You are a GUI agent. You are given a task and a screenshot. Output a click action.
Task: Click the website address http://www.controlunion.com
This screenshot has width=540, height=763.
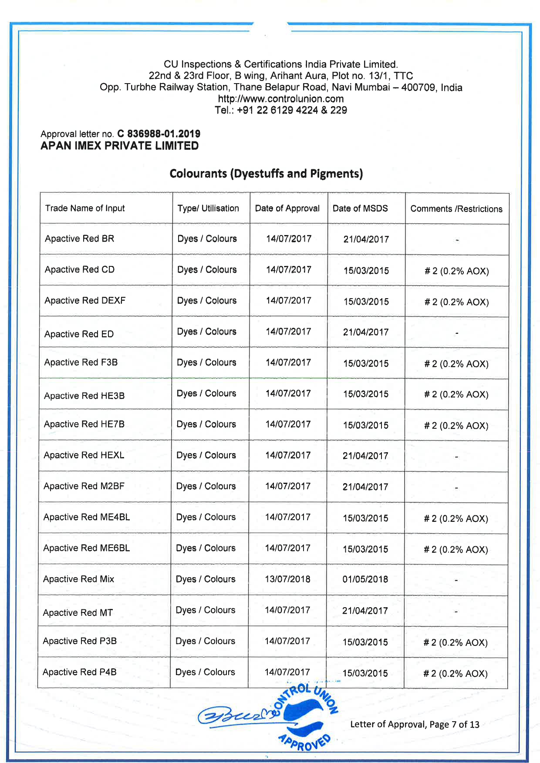[280, 99]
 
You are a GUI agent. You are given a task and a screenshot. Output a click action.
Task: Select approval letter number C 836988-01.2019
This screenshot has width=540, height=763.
[159, 134]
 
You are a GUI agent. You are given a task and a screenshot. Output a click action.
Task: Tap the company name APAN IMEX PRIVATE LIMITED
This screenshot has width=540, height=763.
[120, 146]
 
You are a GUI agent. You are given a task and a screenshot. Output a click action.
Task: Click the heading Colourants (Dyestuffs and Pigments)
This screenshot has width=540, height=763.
[266, 174]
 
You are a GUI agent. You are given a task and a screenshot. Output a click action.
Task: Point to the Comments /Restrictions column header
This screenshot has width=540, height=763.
[456, 209]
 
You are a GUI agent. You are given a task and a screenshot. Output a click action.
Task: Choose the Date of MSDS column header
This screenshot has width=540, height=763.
[360, 208]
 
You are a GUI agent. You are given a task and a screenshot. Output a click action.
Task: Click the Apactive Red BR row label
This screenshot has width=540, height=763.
[79, 239]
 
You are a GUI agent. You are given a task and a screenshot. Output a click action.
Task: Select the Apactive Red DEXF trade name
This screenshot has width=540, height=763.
[85, 300]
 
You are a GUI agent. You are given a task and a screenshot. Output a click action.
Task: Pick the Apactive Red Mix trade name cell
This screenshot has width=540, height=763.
[78, 579]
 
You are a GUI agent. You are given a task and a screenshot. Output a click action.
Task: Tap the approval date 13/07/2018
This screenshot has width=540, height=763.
[287, 579]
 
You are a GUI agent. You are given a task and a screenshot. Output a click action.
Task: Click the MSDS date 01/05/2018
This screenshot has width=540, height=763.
[365, 579]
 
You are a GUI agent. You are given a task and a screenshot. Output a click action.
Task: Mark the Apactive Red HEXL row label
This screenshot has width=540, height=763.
[84, 455]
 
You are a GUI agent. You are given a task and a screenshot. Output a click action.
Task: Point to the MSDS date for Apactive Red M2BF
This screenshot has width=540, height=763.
[365, 487]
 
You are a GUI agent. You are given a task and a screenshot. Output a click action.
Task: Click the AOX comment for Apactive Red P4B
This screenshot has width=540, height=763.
[455, 673]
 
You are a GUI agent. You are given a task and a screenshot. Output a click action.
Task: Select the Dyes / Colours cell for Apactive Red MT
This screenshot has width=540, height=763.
[205, 610]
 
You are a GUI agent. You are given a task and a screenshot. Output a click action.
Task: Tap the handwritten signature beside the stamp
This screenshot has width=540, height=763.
[237, 716]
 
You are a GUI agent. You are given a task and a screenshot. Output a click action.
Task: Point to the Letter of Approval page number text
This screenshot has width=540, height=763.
[415, 724]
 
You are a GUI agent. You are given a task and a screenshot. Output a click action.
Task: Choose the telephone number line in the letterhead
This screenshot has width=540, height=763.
[280, 110]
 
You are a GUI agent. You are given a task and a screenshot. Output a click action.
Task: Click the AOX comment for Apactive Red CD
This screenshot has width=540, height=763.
[456, 271]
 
